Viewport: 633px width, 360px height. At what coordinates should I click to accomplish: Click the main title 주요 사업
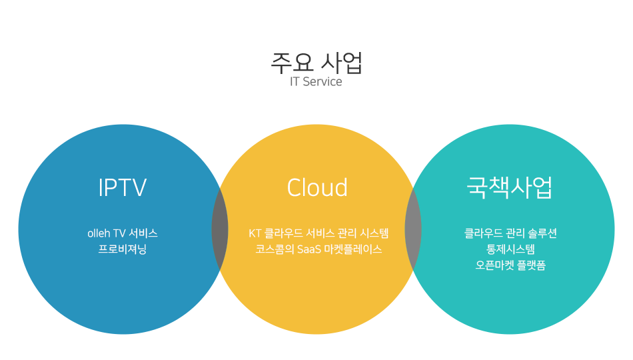coord(316,63)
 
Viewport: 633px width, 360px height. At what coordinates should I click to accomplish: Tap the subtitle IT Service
coord(316,81)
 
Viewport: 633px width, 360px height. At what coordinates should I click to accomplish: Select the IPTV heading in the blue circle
coord(123,187)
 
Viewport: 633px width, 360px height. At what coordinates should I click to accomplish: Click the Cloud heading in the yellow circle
coord(317,187)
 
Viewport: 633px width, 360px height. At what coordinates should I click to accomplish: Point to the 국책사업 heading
coord(510,187)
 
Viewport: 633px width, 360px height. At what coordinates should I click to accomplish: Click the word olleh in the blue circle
coord(99,233)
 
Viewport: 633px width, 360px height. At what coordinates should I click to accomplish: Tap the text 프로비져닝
coord(123,249)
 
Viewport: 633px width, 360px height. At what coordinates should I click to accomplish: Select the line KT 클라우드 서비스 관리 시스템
coord(318,233)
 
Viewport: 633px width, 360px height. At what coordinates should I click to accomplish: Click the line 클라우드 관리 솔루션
coord(510,233)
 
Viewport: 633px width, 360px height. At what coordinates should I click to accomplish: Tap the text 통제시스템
coord(510,249)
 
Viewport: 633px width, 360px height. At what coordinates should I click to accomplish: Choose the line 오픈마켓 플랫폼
coord(510,265)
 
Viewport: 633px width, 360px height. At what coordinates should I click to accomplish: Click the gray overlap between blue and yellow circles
coord(220,229)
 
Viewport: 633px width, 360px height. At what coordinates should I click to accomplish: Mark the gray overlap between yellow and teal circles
coord(413,229)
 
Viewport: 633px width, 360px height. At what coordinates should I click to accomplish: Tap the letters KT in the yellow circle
coord(255,233)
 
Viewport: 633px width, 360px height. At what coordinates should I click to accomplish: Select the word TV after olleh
coord(119,233)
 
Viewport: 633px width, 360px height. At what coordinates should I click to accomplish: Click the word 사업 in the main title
coord(342,63)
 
